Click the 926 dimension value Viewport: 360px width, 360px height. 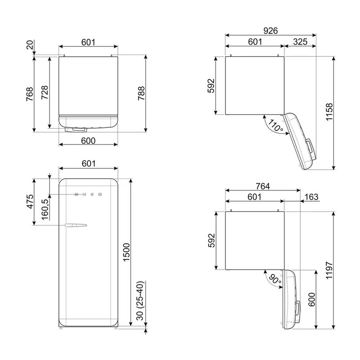coord(270,31)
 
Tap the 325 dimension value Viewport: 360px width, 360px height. coord(300,42)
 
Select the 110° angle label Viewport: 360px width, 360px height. coord(275,126)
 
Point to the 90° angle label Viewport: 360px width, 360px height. coord(275,279)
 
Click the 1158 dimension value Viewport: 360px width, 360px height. coord(329,112)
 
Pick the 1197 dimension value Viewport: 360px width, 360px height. coord(329,270)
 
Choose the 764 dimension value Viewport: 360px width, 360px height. coord(263,186)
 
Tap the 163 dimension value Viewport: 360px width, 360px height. coord(311,197)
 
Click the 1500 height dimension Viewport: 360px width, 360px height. coord(126,252)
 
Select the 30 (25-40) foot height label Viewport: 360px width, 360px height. coord(140,301)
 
